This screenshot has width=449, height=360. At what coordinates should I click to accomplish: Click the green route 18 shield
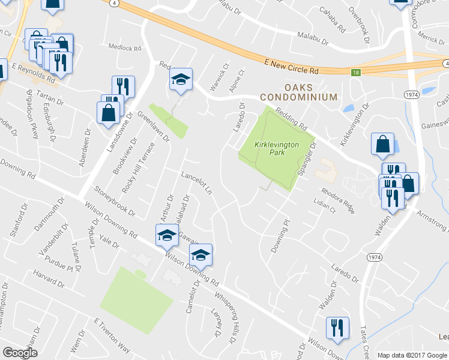[356, 72]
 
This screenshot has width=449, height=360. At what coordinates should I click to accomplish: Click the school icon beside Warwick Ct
[180, 80]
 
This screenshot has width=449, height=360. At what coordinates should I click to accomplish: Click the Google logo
[20, 353]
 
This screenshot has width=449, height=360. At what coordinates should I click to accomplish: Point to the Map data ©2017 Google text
[412, 355]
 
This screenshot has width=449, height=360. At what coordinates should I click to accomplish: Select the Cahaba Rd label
[333, 20]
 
